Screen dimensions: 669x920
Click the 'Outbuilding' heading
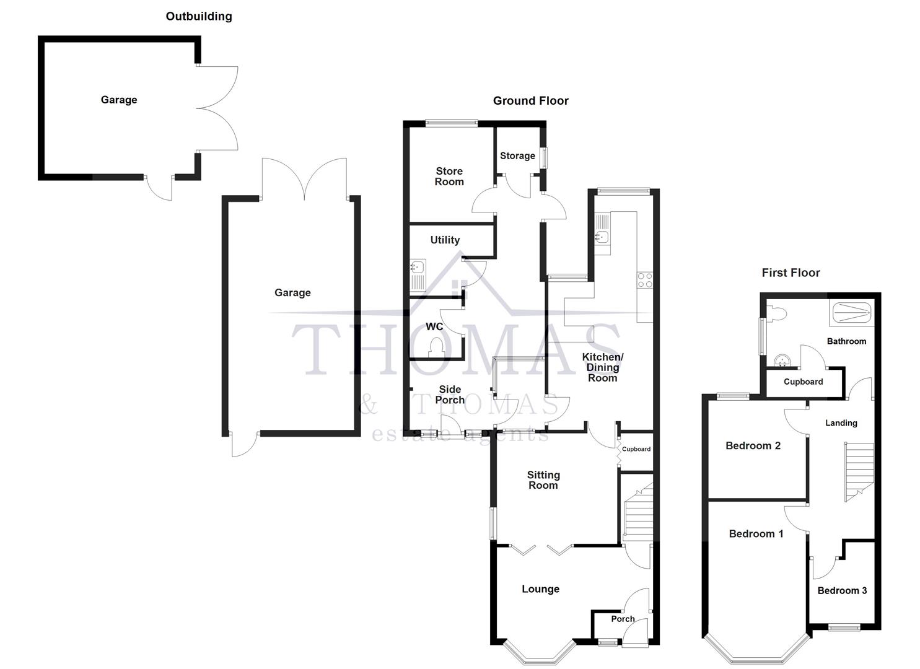pyautogui.click(x=199, y=17)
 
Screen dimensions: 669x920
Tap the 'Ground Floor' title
pyautogui.click(x=530, y=101)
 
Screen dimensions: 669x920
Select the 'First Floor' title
pyautogui.click(x=791, y=273)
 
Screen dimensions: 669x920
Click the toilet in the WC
pyautogui.click(x=436, y=348)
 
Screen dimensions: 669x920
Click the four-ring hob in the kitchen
pyautogui.click(x=644, y=280)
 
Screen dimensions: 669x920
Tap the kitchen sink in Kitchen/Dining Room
pyautogui.click(x=601, y=236)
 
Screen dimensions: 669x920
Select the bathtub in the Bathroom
pyautogui.click(x=851, y=312)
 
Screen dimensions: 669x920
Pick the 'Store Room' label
pyautogui.click(x=449, y=177)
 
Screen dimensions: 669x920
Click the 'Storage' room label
pyautogui.click(x=517, y=156)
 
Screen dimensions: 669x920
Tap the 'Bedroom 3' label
pyautogui.click(x=842, y=591)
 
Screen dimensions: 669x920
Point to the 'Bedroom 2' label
pyautogui.click(x=753, y=446)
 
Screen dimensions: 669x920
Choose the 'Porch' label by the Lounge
pyautogui.click(x=623, y=619)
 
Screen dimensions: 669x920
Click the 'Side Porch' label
pyautogui.click(x=450, y=395)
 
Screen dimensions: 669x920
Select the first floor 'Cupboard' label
pyautogui.click(x=803, y=382)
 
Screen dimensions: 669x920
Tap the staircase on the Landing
pyautogui.click(x=859, y=471)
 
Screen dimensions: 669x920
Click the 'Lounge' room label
pyautogui.click(x=540, y=589)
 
